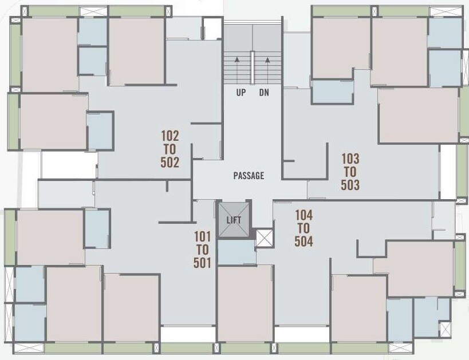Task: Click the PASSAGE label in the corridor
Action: click(x=249, y=176)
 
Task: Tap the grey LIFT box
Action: click(x=234, y=220)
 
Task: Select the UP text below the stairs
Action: click(x=241, y=93)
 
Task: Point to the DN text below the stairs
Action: click(x=264, y=93)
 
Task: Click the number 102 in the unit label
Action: click(x=170, y=136)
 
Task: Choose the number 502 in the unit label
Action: click(x=170, y=163)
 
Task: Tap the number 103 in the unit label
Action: click(x=350, y=159)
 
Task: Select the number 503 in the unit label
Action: click(x=350, y=185)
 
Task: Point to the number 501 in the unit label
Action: click(x=203, y=263)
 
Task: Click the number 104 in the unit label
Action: click(x=304, y=215)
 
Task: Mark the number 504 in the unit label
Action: click(x=304, y=241)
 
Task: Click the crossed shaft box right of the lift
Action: click(x=264, y=238)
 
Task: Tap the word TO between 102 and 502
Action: click(x=170, y=149)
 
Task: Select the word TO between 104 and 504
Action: click(x=304, y=228)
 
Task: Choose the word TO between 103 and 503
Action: click(x=350, y=172)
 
